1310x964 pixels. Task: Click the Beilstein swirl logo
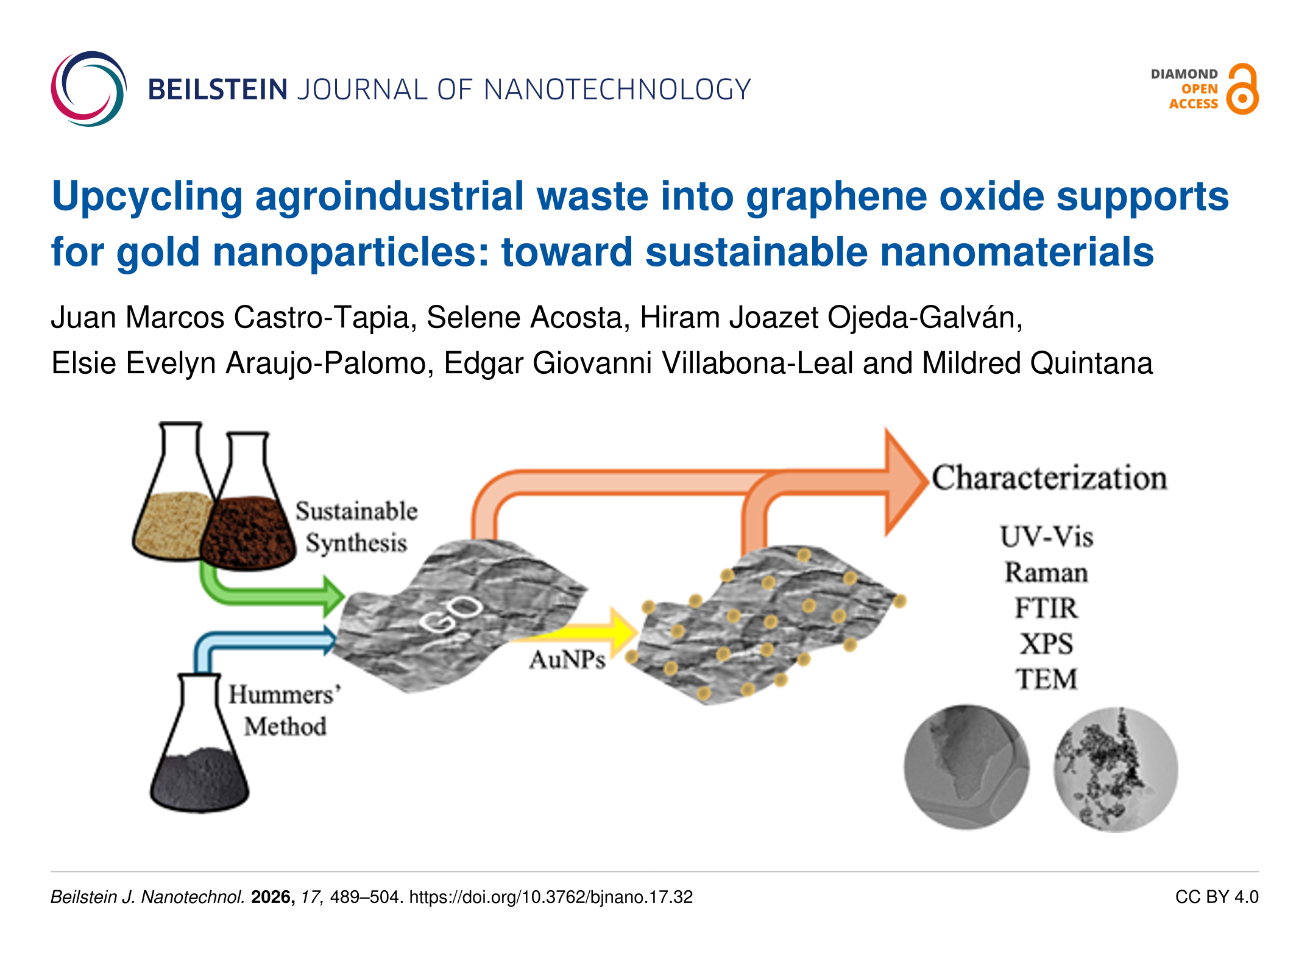[88, 89]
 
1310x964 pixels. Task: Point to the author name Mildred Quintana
[1037, 363]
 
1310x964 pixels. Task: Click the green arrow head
[333, 596]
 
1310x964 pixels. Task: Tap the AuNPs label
[567, 660]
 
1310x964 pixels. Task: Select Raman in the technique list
[1046, 573]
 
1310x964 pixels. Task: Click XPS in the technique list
[1046, 644]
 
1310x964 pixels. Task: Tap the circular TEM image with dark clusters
[1115, 769]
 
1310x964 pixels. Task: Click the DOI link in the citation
[551, 897]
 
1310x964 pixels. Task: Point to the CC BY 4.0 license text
[1216, 897]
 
